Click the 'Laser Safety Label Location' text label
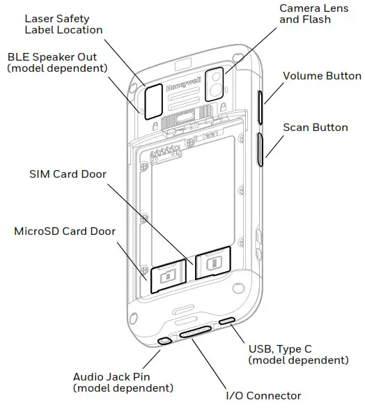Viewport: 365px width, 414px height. tap(63, 24)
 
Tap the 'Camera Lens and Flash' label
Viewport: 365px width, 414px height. tap(305, 13)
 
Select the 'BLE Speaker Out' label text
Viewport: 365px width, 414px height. tap(57, 62)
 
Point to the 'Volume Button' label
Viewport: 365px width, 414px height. tap(322, 76)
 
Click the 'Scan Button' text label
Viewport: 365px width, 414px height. tap(316, 128)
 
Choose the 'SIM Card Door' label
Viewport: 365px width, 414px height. tap(68, 174)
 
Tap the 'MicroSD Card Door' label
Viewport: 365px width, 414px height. tap(65, 231)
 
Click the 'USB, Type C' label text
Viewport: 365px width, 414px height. tap(298, 354)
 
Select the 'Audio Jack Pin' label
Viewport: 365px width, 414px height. tap(123, 382)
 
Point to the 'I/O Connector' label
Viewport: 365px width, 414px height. tap(263, 395)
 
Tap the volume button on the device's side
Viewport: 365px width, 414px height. tap(261, 106)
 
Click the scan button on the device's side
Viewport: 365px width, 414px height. tap(261, 149)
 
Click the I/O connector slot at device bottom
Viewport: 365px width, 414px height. tap(198, 332)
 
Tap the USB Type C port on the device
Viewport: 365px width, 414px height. tap(227, 322)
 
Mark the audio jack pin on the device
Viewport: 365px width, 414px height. tap(165, 341)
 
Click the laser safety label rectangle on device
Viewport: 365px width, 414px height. tap(153, 102)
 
